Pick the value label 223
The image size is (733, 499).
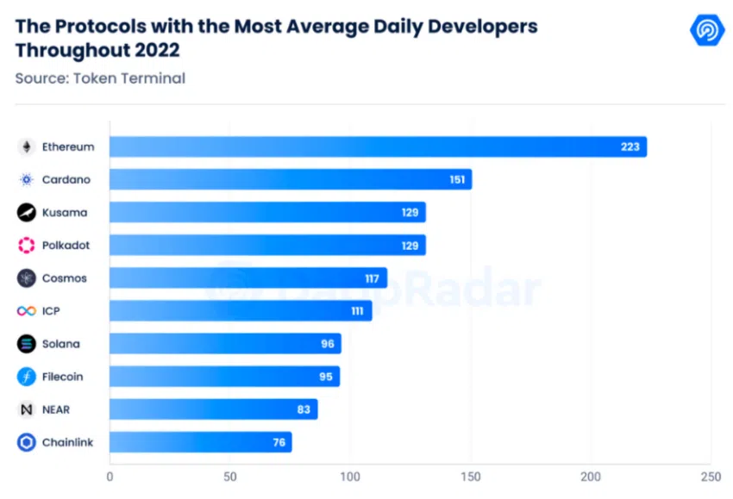pos(630,147)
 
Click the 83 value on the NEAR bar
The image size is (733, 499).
pos(304,409)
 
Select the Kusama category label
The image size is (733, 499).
pos(65,212)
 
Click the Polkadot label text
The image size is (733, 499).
pos(66,246)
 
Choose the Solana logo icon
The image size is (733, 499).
pos(27,344)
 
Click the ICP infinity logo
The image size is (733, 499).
pos(27,311)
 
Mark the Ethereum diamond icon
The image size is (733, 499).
pos(27,147)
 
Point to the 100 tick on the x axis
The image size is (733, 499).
pos(350,475)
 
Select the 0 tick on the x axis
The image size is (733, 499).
pos(110,475)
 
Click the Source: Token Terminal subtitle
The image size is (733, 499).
pos(100,78)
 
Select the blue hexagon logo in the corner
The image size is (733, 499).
pos(707,31)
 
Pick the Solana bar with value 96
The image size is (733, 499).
pos(225,344)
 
